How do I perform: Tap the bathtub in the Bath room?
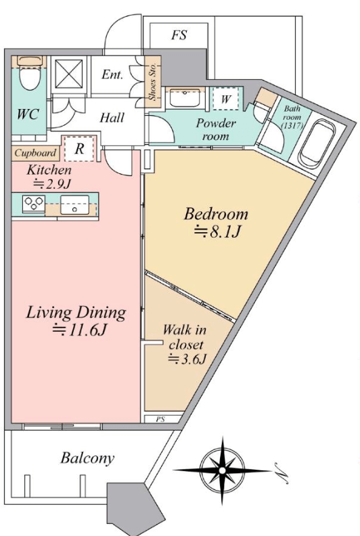pyautogui.click(x=316, y=143)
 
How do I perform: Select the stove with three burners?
pyautogui.click(x=34, y=204)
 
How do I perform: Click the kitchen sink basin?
pyautogui.click(x=74, y=204)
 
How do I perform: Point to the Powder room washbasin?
pyautogui.click(x=185, y=97)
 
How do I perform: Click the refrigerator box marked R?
pyautogui.click(x=79, y=149)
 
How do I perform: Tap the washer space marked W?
pyautogui.click(x=225, y=99)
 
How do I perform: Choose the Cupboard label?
pyautogui.click(x=35, y=153)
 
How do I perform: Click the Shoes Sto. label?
pyautogui.click(x=152, y=81)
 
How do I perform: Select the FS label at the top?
pyautogui.click(x=179, y=35)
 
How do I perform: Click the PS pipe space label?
pyautogui.click(x=160, y=419)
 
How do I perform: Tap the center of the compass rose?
pyautogui.click(x=222, y=471)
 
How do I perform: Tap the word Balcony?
pyautogui.click(x=87, y=458)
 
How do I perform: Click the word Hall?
pyautogui.click(x=112, y=118)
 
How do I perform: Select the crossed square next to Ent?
pyautogui.click(x=69, y=74)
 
